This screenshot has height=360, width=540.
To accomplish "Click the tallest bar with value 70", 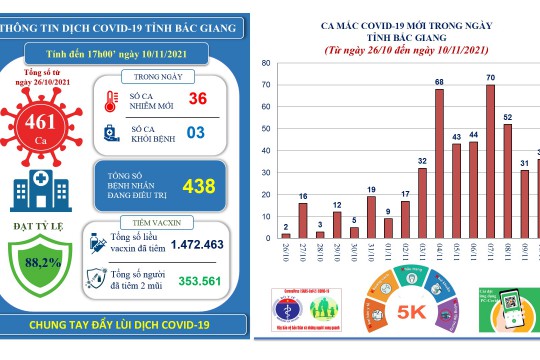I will [x=490, y=161].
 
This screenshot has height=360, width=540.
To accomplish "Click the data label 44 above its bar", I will [x=472, y=133].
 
